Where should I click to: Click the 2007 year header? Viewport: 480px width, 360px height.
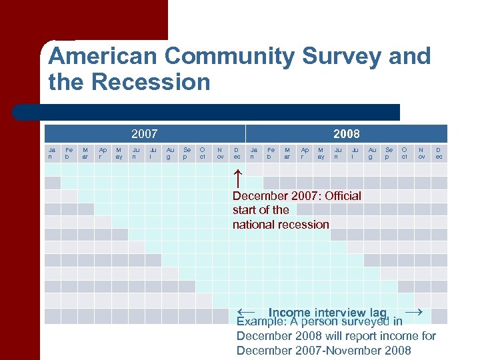[145, 133]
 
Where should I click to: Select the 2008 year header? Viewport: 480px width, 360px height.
[347, 133]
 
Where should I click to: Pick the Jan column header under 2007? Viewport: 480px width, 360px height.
[53, 153]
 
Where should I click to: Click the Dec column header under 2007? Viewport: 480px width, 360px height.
[237, 153]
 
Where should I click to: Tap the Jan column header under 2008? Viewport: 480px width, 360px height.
[254, 153]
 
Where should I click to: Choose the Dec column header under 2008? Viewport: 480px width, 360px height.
[439, 153]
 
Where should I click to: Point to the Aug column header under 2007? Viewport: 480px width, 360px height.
[170, 153]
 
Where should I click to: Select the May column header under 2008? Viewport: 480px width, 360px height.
[321, 153]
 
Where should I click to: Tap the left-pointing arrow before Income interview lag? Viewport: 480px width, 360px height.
[246, 311]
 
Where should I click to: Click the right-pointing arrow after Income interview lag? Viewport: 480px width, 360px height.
[413, 311]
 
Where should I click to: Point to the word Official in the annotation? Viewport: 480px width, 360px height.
[339, 196]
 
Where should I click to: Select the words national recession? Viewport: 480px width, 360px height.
[281, 225]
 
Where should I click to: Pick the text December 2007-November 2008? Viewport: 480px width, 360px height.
[323, 351]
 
